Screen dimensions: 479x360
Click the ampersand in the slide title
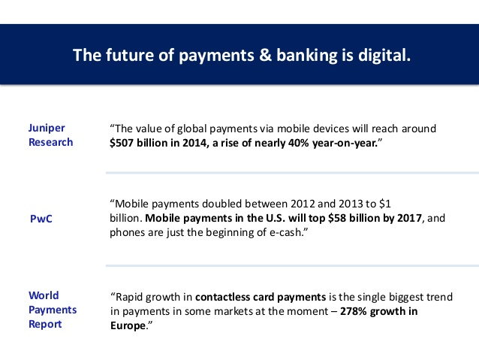tap(265, 56)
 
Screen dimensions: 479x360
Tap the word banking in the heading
tap(307, 56)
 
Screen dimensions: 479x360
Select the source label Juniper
tap(47, 129)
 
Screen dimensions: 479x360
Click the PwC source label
tap(41, 219)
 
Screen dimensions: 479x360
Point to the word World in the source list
tap(44, 295)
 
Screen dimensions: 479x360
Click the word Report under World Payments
tap(45, 325)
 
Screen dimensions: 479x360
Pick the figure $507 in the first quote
tap(122, 143)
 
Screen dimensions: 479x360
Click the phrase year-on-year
tap(345, 143)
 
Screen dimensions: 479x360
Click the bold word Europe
tap(128, 326)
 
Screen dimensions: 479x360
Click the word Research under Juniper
tap(51, 143)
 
